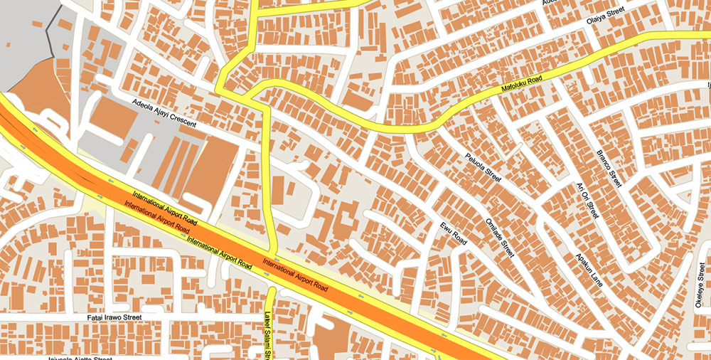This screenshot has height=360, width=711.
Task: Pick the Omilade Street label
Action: [x=498, y=236]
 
